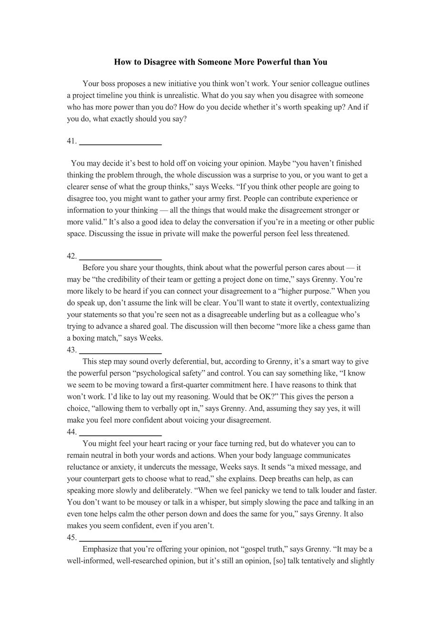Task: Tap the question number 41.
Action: click(x=71, y=141)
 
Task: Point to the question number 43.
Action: click(x=71, y=350)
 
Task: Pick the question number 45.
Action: click(x=71, y=537)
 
